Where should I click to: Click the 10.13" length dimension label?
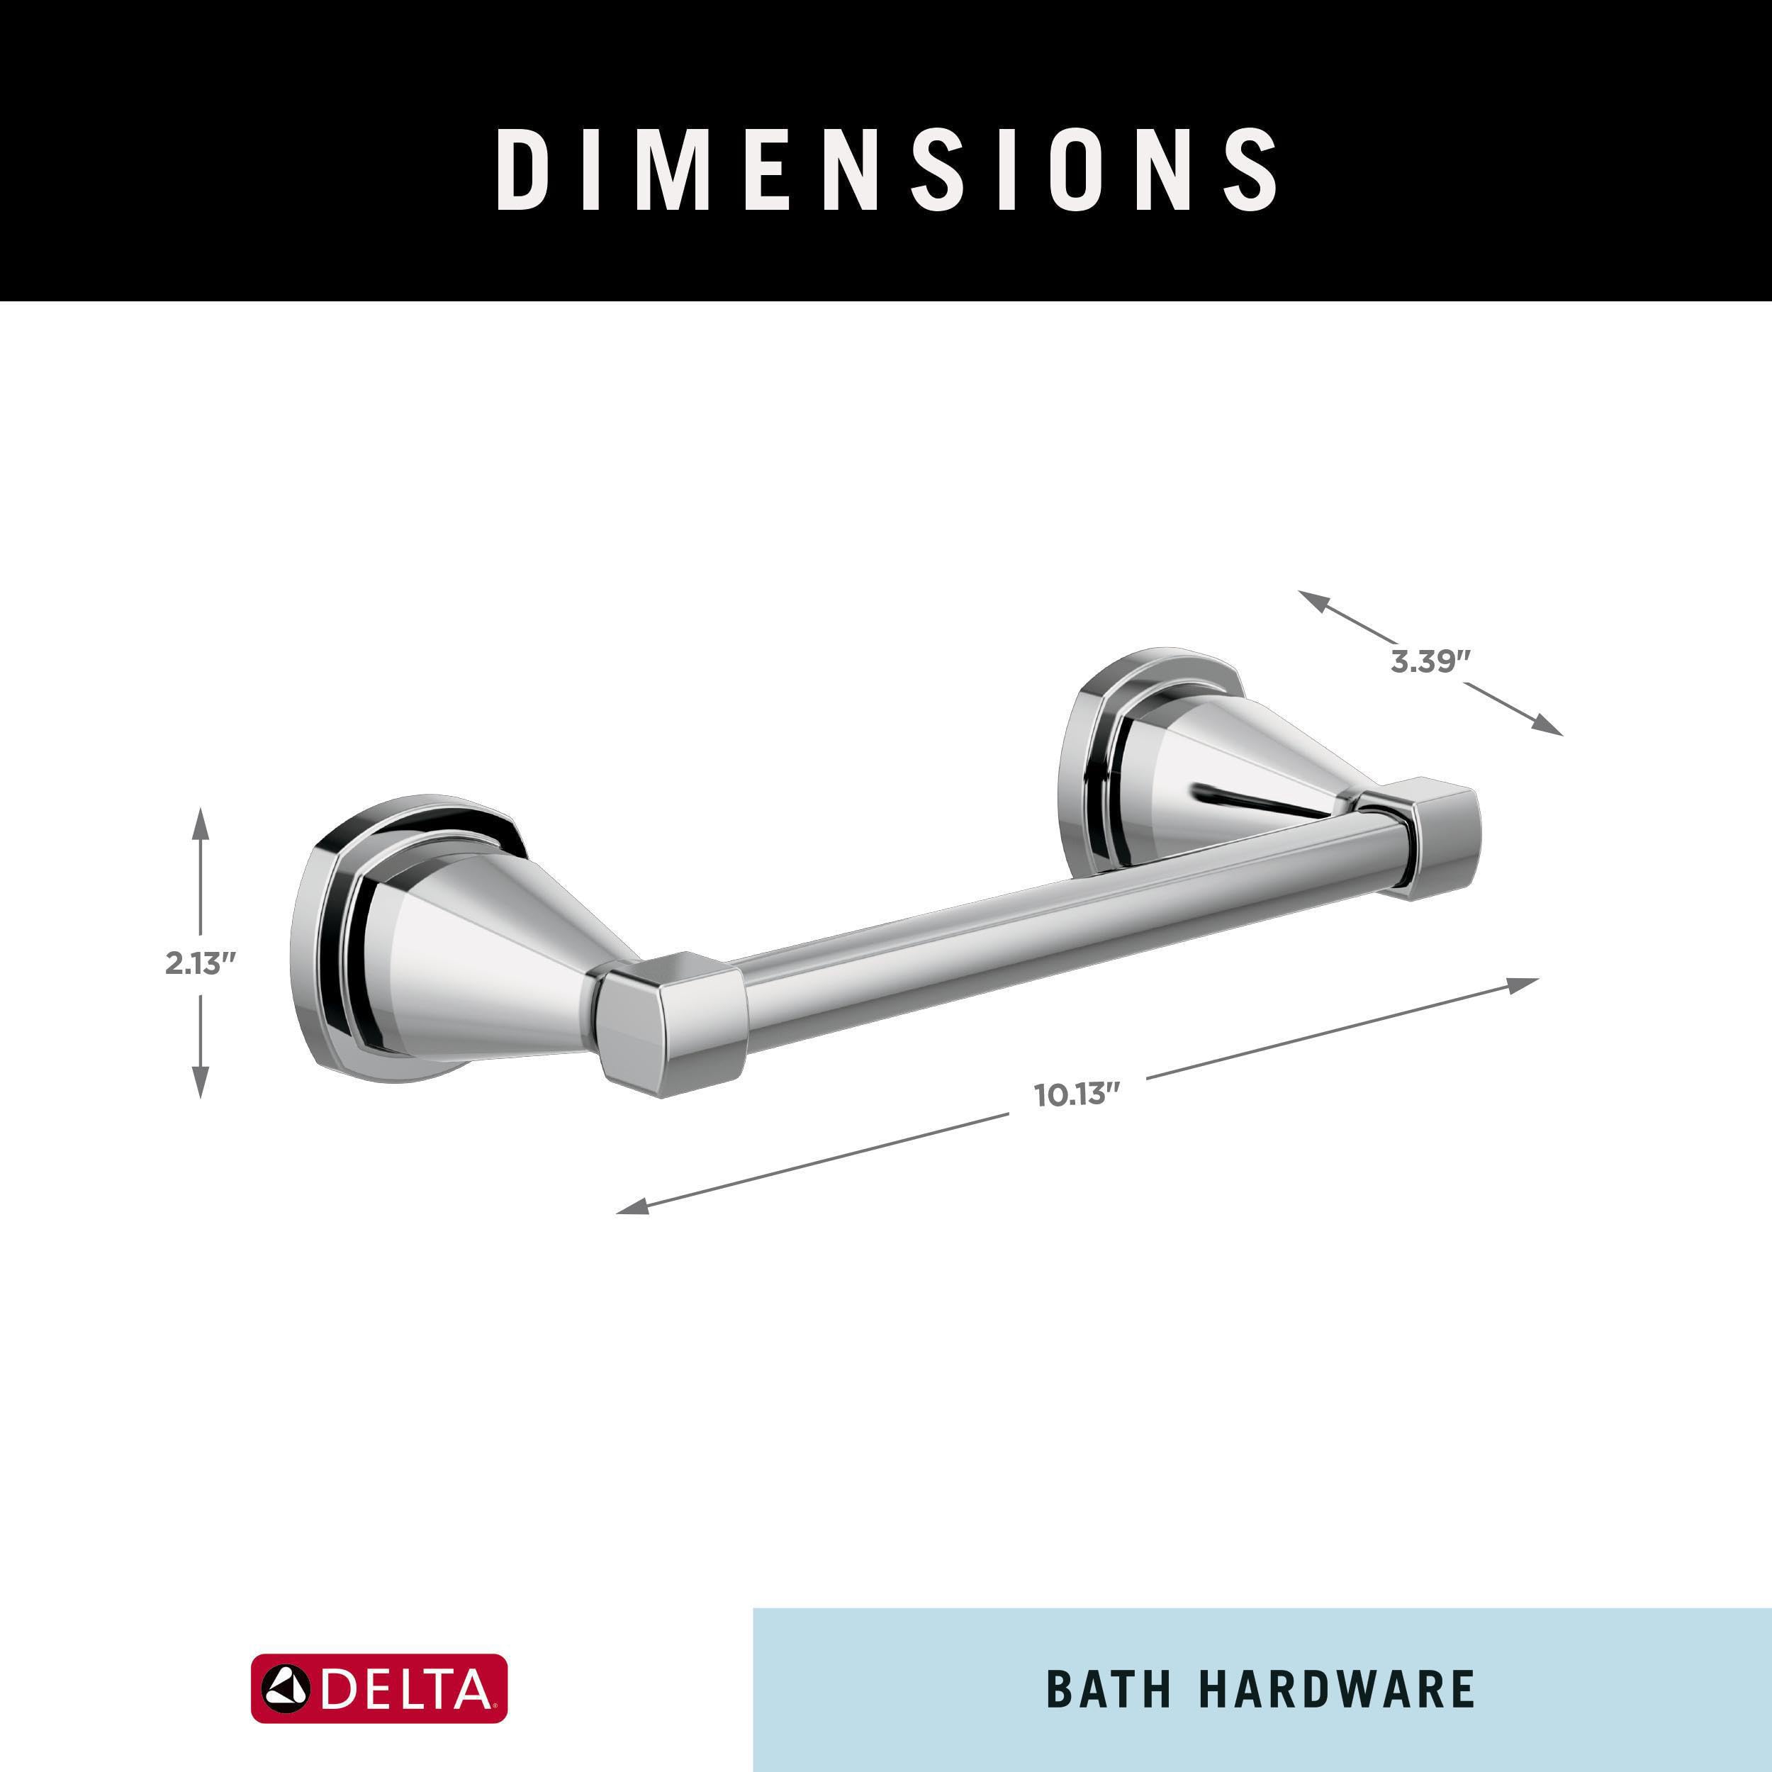pyautogui.click(x=1077, y=1095)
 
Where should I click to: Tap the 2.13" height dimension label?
pyautogui.click(x=201, y=964)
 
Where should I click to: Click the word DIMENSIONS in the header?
pyautogui.click(x=886, y=169)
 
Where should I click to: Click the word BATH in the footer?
pyautogui.click(x=1108, y=1690)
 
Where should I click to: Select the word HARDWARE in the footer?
pyautogui.click(x=1336, y=1690)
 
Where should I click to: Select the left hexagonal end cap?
pyautogui.click(x=670, y=1023)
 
